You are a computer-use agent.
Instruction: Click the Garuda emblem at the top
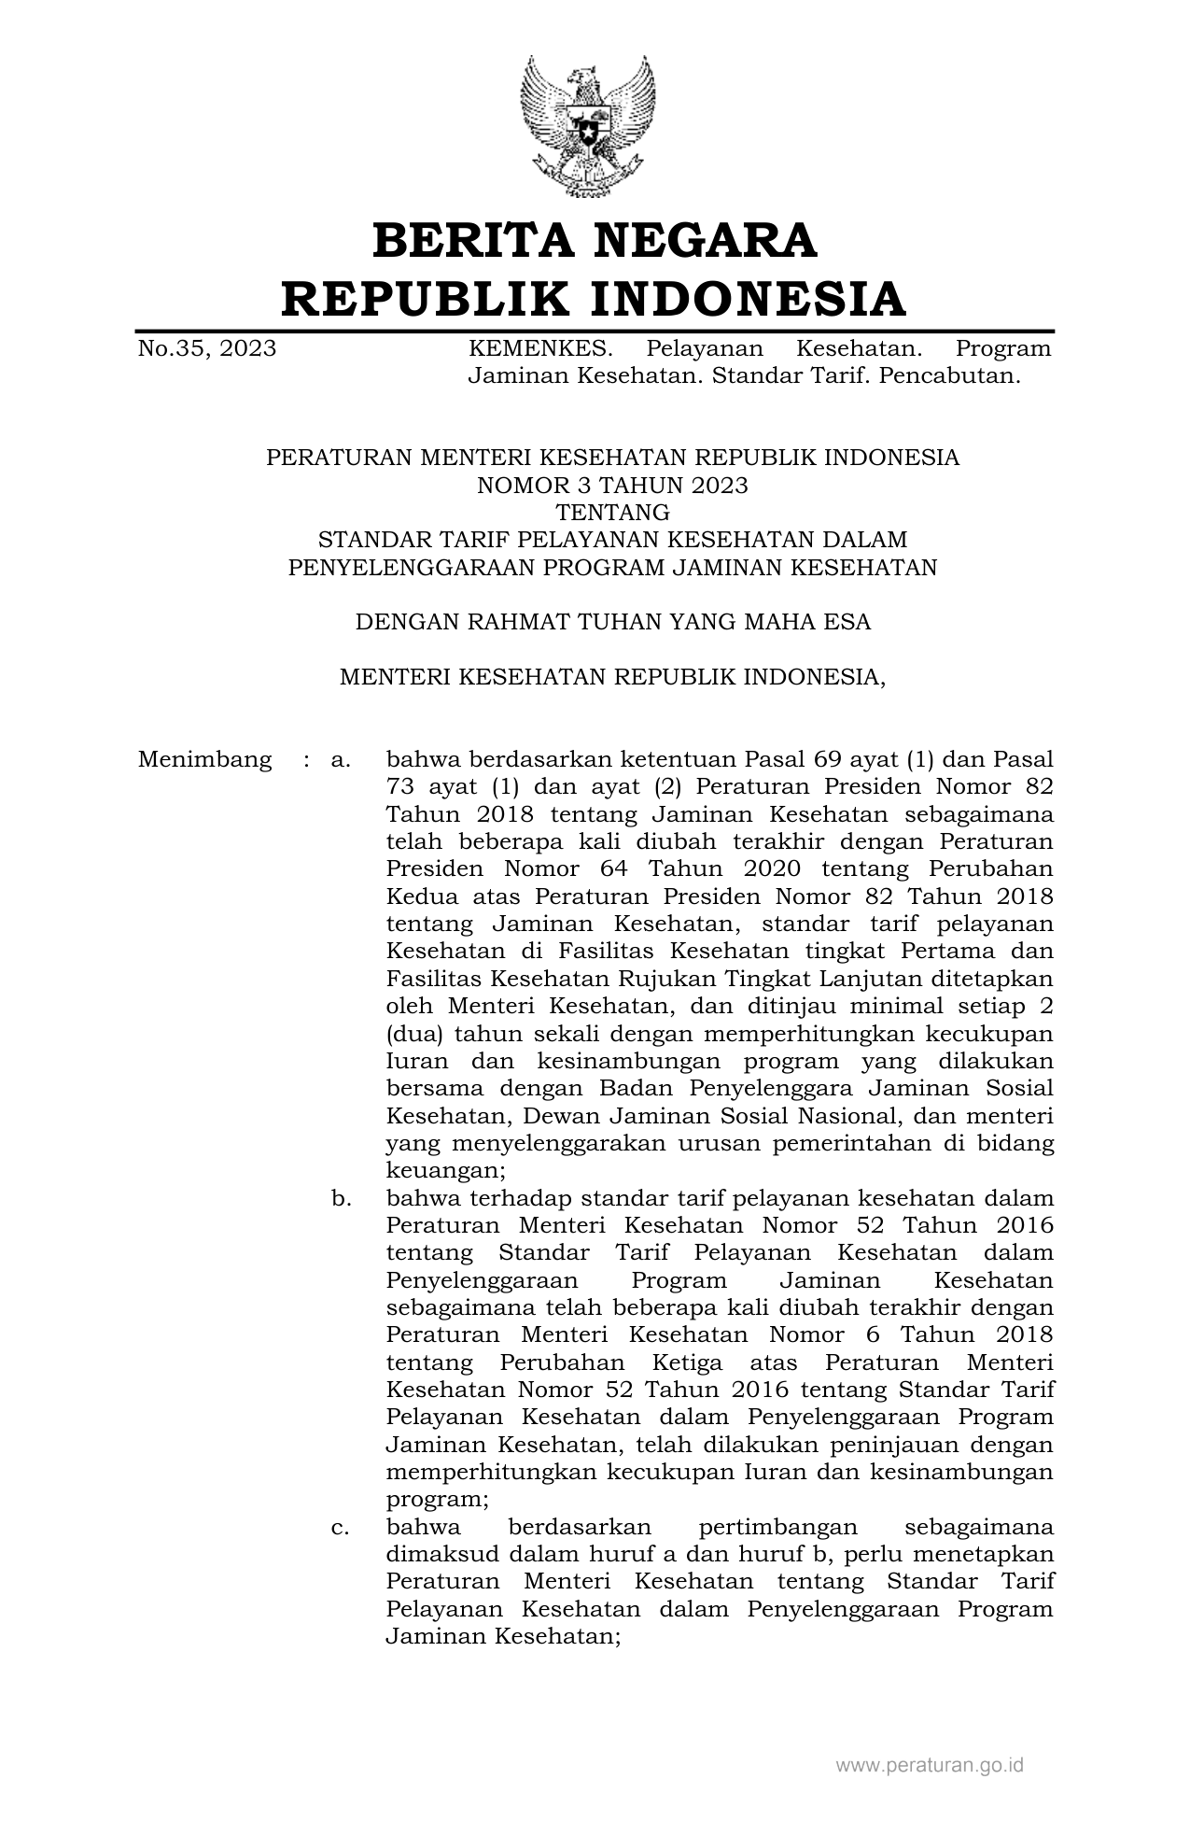click(x=587, y=125)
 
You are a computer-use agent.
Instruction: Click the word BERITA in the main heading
click(x=471, y=240)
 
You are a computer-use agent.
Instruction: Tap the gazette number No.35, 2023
click(x=207, y=348)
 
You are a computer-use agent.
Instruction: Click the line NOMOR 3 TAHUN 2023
click(x=612, y=485)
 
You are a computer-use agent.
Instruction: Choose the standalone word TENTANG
click(x=612, y=512)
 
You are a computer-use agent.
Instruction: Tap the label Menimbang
click(x=204, y=759)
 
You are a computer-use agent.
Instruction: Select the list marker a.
click(x=341, y=759)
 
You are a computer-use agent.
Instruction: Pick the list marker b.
click(x=341, y=1198)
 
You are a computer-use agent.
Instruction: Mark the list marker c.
click(x=341, y=1527)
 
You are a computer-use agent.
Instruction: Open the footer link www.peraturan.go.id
click(x=930, y=1764)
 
